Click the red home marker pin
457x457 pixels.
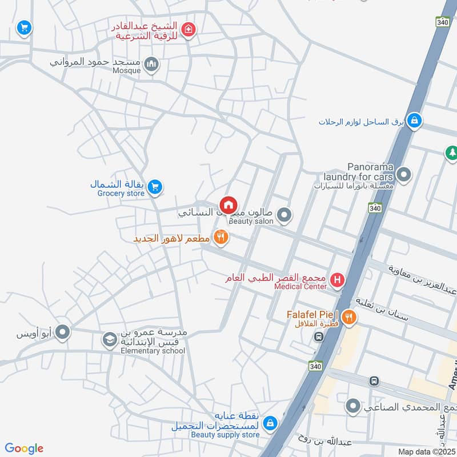(228, 204)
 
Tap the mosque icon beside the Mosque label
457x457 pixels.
(151, 64)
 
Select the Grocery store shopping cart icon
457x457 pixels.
(155, 187)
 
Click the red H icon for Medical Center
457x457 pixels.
(338, 280)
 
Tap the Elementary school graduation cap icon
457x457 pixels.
(109, 340)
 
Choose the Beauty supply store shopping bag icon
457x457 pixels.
(270, 423)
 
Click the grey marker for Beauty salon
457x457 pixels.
(284, 215)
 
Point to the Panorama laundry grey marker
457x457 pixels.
(404, 175)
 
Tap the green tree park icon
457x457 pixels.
(451, 153)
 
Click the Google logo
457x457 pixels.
(24, 448)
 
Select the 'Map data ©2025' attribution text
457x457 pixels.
(427, 451)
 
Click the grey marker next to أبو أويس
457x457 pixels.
(62, 331)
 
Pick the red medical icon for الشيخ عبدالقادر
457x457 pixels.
(187, 29)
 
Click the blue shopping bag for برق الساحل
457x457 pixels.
(415, 121)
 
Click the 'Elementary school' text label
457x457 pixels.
(153, 351)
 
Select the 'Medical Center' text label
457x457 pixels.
(300, 286)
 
